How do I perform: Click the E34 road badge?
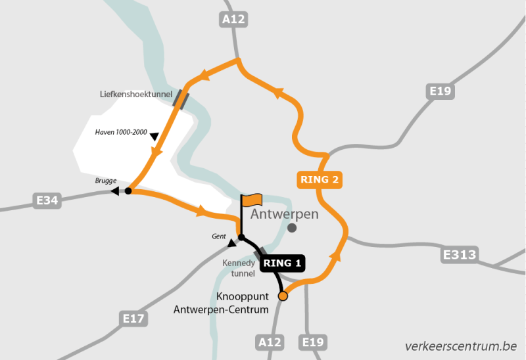pos(47,200)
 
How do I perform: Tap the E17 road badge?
pos(135,319)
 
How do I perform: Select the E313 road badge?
pos(460,254)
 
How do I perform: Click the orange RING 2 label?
pos(320,179)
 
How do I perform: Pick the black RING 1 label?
pos(283,263)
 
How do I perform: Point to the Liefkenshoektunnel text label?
pos(135,94)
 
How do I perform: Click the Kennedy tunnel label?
pos(237,267)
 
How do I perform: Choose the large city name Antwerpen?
pos(285,214)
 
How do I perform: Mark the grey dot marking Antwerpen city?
pos(292,228)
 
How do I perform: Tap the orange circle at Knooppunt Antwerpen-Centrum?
pos(283,296)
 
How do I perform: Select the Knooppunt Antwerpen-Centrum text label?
pos(222,303)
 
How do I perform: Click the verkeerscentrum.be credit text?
pos(460,345)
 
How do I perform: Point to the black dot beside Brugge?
pos(128,191)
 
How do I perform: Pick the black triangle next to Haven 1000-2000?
pos(155,137)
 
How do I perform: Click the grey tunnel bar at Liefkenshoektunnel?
pos(180,99)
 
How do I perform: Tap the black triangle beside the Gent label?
pos(231,244)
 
